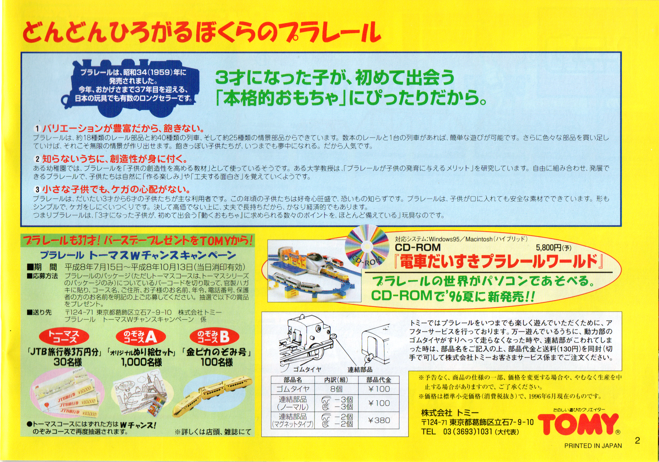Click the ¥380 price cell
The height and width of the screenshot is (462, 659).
pyautogui.click(x=379, y=420)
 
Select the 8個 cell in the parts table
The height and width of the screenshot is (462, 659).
pyautogui.click(x=336, y=389)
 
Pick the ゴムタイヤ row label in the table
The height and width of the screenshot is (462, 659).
pyautogui.click(x=293, y=389)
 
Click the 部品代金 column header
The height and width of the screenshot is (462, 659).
pyautogui.click(x=379, y=380)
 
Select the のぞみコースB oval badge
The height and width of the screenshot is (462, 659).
pyautogui.click(x=214, y=337)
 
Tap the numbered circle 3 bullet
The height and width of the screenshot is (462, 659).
pyautogui.click(x=37, y=190)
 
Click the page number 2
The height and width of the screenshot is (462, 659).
pyautogui.click(x=638, y=441)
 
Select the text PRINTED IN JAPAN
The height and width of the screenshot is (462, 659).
pyautogui.click(x=593, y=446)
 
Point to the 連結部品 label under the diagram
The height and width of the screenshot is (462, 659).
pyautogui.click(x=360, y=370)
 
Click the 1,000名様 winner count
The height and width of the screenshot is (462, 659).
pyautogui.click(x=142, y=362)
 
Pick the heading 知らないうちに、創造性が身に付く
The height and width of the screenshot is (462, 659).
pyautogui.click(x=115, y=159)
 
